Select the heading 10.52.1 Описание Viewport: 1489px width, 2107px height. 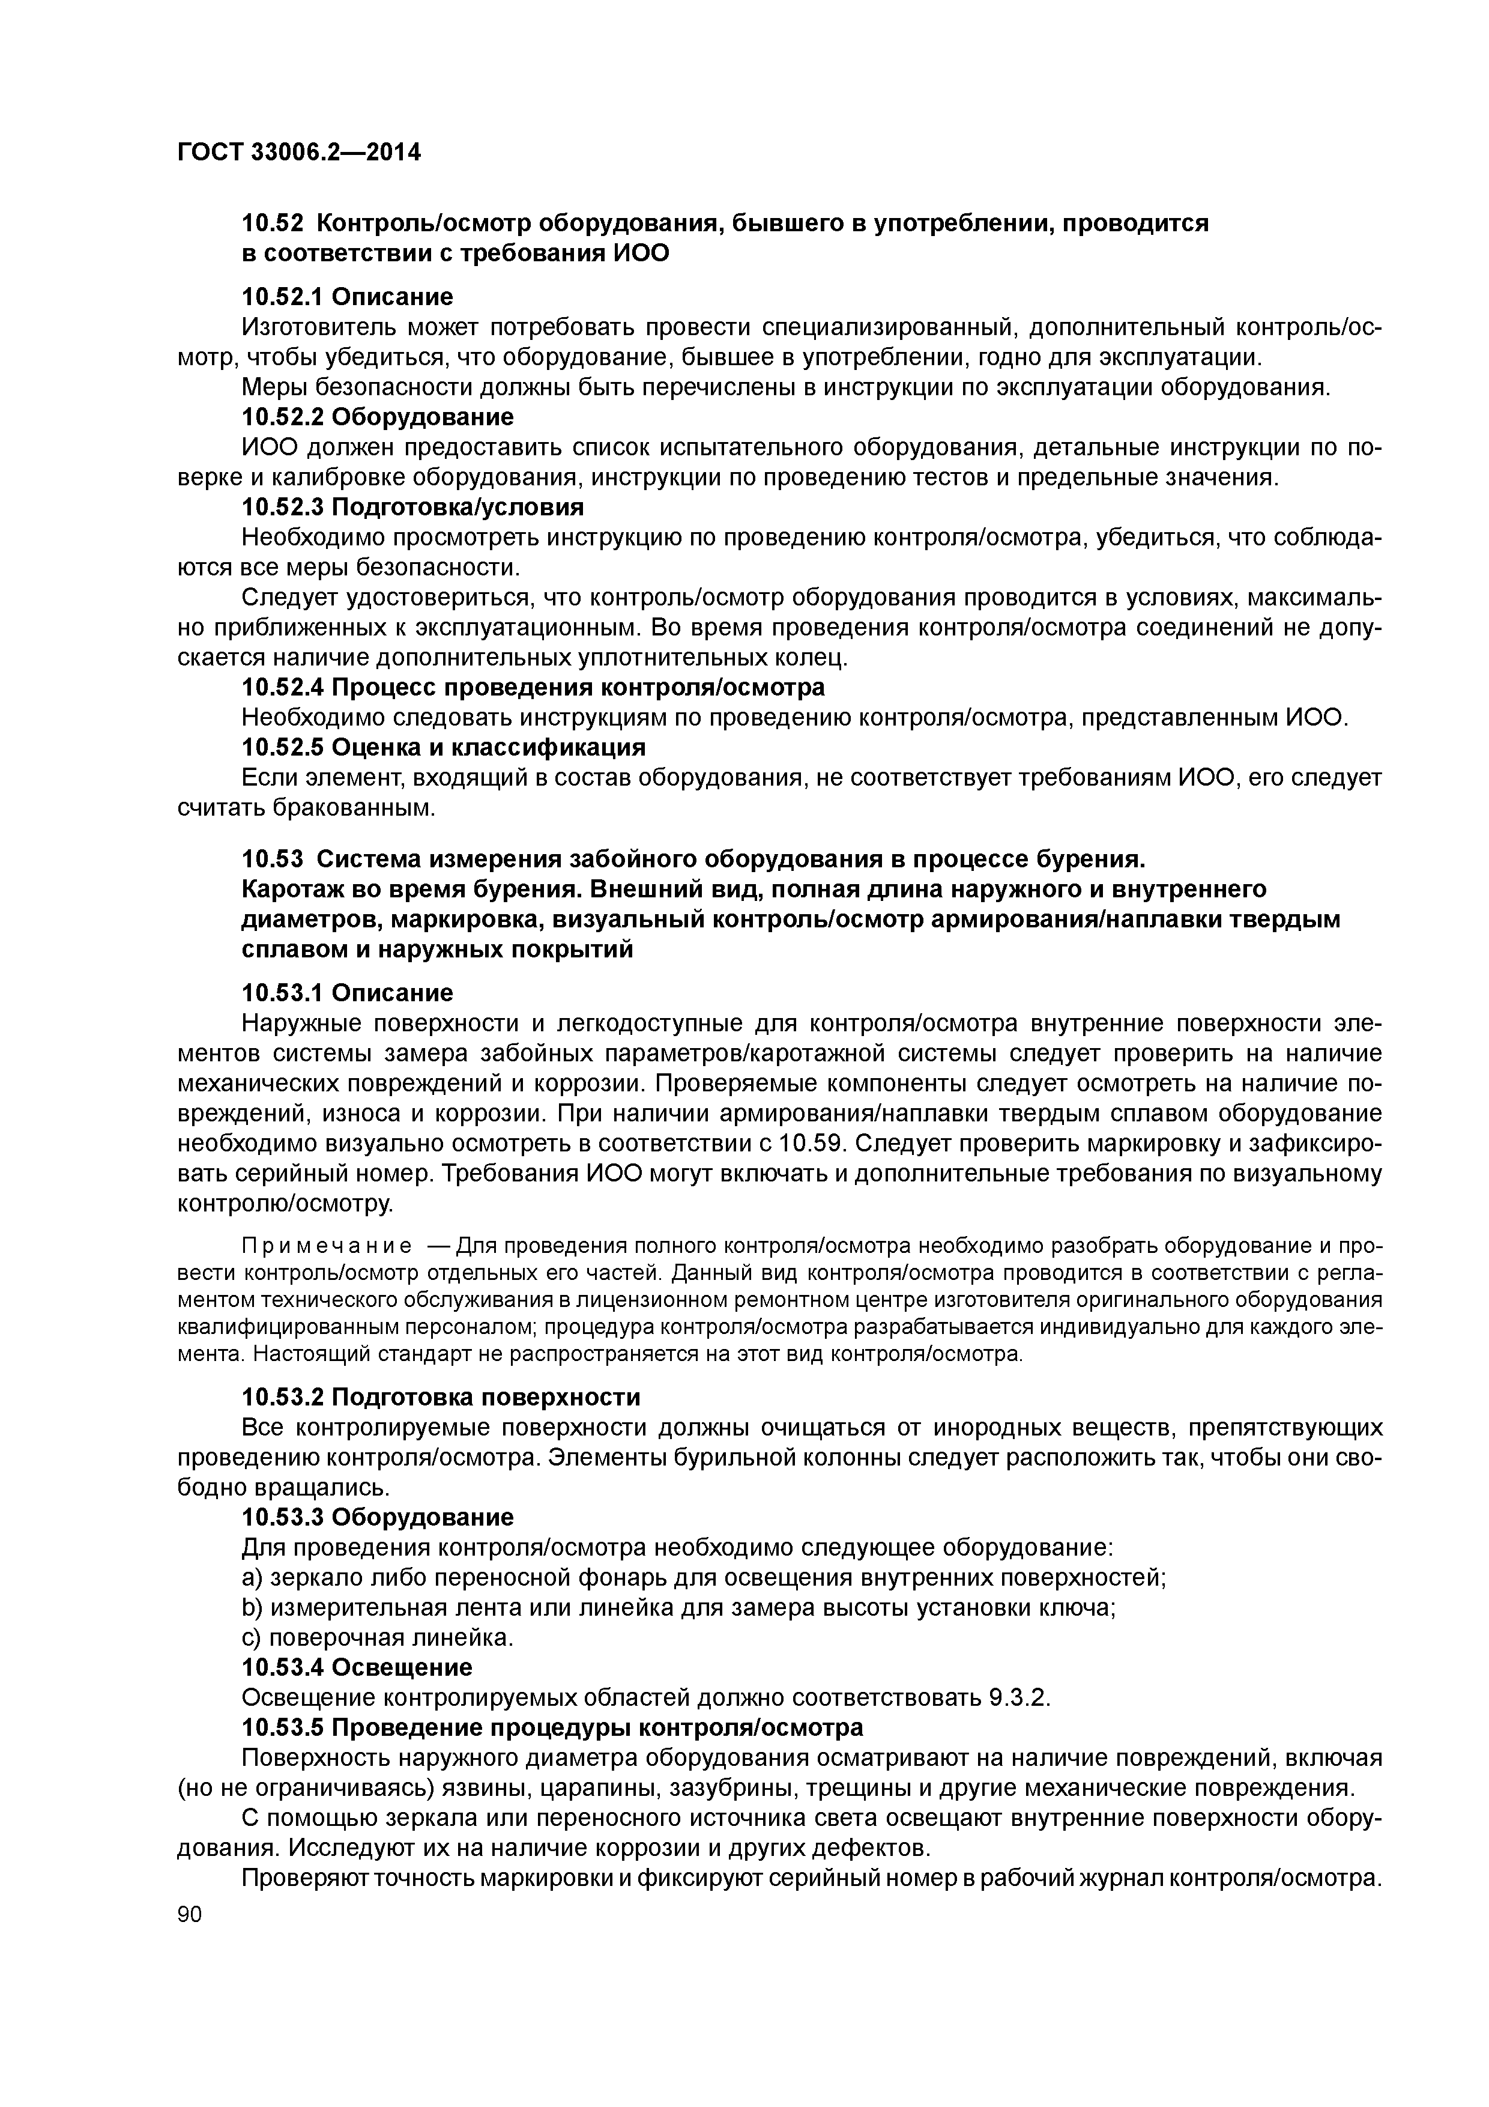pos(347,297)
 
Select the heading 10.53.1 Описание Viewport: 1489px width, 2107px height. pos(347,993)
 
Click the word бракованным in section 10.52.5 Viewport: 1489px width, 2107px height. pos(354,808)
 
